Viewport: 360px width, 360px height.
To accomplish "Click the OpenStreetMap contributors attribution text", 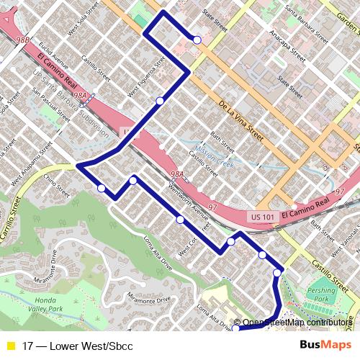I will [x=296, y=323].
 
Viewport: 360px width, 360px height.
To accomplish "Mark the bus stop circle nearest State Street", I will [x=197, y=40].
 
